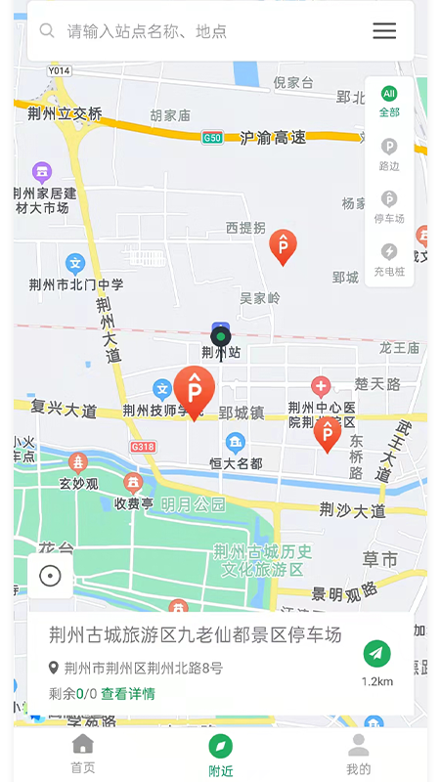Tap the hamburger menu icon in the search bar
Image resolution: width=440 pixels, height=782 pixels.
(384, 31)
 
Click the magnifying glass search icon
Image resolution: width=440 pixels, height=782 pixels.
(47, 31)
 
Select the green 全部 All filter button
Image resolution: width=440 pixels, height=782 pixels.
(389, 102)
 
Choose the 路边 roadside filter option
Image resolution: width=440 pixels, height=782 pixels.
(389, 154)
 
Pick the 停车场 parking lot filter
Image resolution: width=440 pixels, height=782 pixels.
(389, 206)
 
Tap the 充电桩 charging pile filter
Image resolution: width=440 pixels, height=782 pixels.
(389, 259)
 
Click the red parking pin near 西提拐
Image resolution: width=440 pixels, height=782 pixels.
(283, 246)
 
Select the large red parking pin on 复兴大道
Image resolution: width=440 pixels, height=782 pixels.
(195, 391)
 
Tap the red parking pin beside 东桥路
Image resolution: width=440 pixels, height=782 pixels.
(328, 433)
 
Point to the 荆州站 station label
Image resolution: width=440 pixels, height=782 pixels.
(221, 352)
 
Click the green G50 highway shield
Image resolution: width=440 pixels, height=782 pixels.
(212, 138)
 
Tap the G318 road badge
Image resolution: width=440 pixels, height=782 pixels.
(143, 447)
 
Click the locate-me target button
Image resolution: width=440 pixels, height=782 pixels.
(50, 576)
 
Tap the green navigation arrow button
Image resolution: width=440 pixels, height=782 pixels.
(376, 654)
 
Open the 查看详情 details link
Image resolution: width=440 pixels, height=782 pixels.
(128, 694)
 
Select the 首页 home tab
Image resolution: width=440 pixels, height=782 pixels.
(83, 755)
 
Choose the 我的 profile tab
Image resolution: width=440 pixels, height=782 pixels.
(359, 755)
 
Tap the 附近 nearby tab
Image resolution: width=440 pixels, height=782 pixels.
(221, 755)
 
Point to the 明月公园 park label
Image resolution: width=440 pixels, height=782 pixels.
(194, 504)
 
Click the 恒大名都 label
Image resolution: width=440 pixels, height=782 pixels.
(236, 463)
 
